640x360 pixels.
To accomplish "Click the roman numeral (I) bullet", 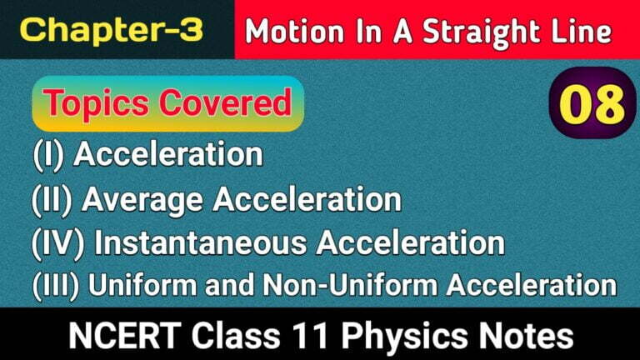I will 50,155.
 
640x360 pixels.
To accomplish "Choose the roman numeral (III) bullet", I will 57,286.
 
